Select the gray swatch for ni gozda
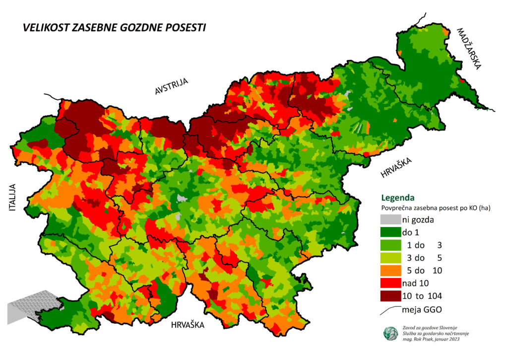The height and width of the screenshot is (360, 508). click(390, 219)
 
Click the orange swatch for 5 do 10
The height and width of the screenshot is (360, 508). click(390, 270)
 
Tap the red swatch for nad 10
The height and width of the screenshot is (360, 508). click(390, 283)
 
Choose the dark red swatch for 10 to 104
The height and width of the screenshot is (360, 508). click(390, 296)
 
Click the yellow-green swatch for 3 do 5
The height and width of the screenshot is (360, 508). click(390, 257)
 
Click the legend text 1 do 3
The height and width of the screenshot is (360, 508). click(424, 245)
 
